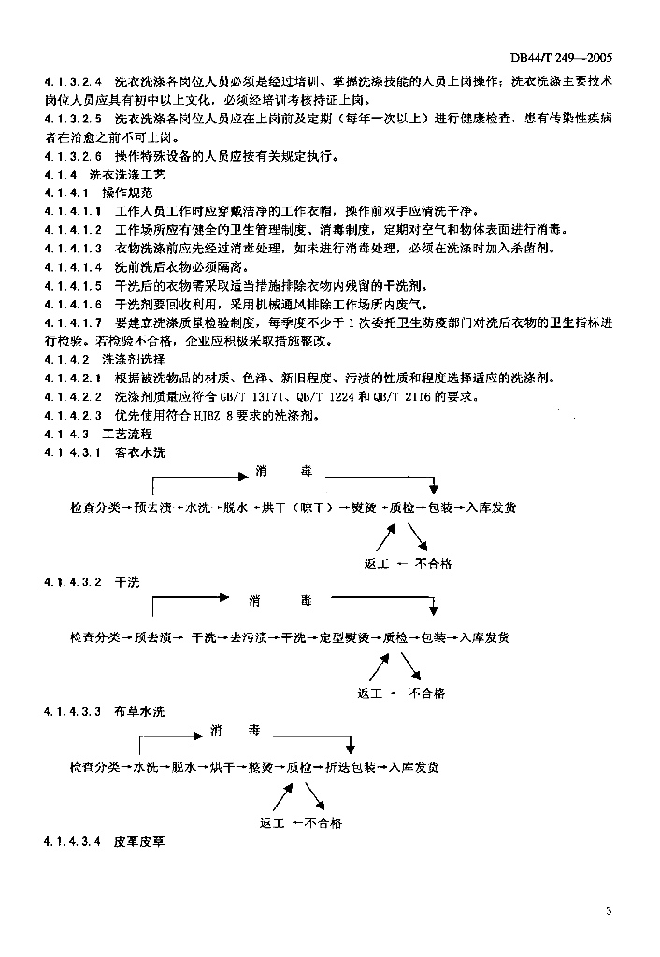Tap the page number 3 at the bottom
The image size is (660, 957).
pyautogui.click(x=609, y=911)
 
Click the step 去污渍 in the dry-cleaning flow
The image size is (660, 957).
pyautogui.click(x=250, y=637)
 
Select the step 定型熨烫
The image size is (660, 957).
pyautogui.click(x=344, y=637)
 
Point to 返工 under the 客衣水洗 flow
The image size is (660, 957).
pyautogui.click(x=376, y=564)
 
